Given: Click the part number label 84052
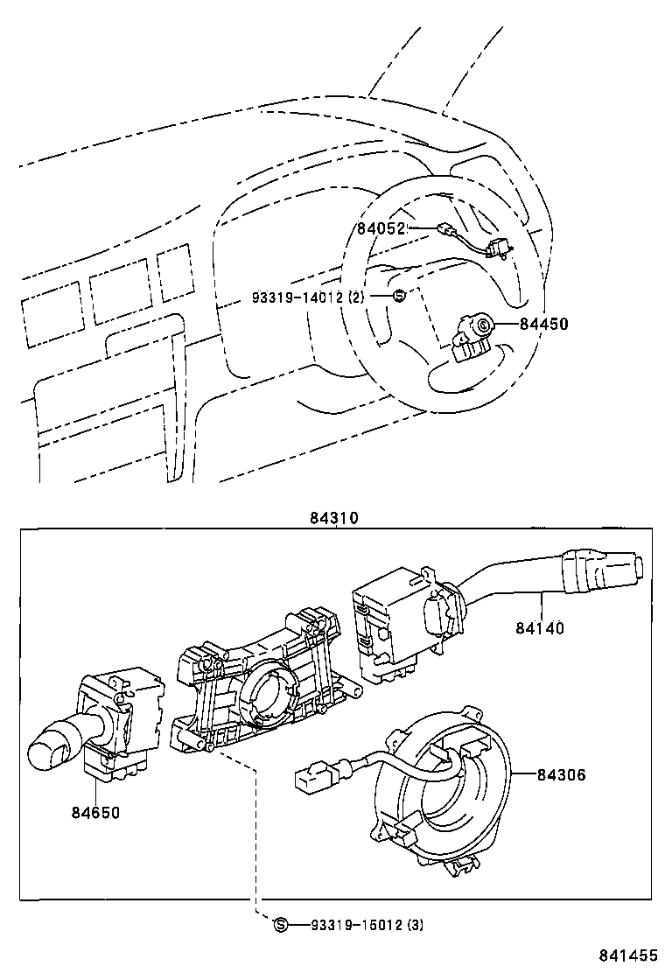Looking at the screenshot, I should point(380,229).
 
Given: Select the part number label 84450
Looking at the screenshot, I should point(543,324).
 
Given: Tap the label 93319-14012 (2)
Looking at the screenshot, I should point(306,297).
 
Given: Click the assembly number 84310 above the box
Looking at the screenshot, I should point(332,517).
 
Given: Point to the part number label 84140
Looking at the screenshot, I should point(540,627).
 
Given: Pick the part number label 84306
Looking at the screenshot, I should point(561,774).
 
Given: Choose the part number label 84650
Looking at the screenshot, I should point(95,812).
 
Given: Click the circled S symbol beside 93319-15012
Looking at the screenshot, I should point(281,925).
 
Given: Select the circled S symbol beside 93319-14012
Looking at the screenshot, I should point(398,296).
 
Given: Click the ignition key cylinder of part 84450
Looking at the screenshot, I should point(482,326).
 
